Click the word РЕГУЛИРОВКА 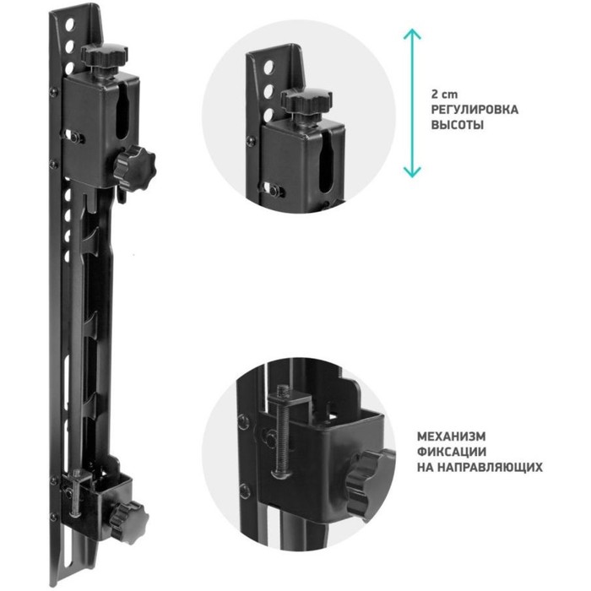[474, 110]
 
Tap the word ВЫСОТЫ [458, 125]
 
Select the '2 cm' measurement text [444, 95]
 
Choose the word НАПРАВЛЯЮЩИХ [492, 467]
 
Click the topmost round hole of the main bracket [70, 25]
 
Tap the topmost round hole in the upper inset [268, 68]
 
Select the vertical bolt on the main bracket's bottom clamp [78, 493]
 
